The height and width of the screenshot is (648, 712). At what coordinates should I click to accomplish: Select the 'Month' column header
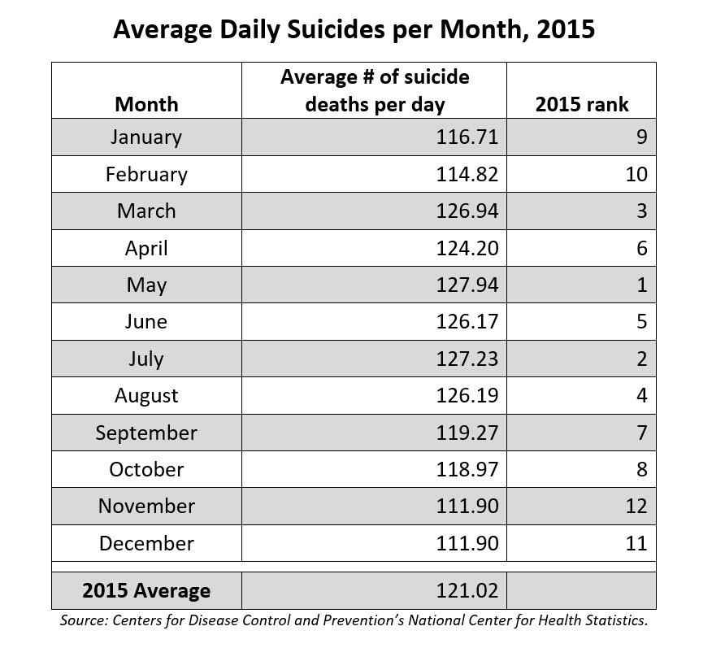coord(146,104)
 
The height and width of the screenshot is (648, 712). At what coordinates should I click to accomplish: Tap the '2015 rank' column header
coord(581,104)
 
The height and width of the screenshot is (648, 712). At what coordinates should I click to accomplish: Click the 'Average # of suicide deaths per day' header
coord(374,90)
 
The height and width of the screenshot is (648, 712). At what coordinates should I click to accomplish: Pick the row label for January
coord(146,137)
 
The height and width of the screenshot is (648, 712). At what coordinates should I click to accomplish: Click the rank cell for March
coord(641,211)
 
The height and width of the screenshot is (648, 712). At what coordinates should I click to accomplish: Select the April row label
coord(146,248)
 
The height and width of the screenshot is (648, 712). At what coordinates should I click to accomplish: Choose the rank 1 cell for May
coord(641,285)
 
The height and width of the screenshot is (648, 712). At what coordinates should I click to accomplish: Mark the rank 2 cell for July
coord(641,359)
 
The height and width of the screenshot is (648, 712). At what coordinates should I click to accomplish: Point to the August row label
coord(146,396)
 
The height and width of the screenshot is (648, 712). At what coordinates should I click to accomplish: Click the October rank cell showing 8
coord(641,469)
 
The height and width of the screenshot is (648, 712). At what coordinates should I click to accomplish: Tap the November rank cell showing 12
coord(636,506)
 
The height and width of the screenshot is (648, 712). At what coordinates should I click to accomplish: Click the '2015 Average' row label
coord(146,590)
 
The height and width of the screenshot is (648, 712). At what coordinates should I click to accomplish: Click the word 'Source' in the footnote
coord(85,621)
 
